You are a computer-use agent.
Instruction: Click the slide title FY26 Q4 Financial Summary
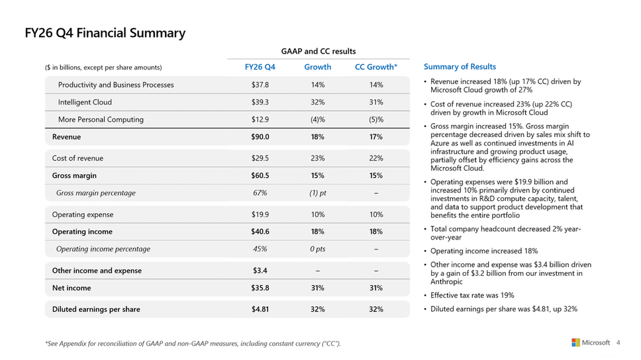(x=105, y=33)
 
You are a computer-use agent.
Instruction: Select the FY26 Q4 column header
(x=260, y=67)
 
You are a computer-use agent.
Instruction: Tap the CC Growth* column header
(x=376, y=67)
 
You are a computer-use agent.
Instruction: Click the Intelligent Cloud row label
(x=85, y=102)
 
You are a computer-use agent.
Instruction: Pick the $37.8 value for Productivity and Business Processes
(x=260, y=85)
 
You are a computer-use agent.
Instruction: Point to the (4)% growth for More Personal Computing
(x=318, y=120)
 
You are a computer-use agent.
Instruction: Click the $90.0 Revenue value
(x=260, y=137)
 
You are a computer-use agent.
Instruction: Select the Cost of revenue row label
(x=77, y=158)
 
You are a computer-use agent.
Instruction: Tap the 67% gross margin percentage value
(x=260, y=193)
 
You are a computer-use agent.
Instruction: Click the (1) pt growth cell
(x=318, y=193)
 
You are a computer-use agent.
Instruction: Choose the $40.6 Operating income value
(x=260, y=232)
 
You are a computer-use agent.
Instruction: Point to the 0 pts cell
(x=318, y=249)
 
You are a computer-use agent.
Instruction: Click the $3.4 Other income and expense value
(x=260, y=271)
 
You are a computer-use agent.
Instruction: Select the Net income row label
(x=72, y=288)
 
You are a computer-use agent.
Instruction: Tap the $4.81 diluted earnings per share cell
(x=260, y=309)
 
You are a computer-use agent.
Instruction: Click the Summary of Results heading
(x=460, y=67)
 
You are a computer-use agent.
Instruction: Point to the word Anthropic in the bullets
(x=446, y=282)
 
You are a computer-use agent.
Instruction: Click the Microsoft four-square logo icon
(x=575, y=342)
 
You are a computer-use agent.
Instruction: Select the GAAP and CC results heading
(x=319, y=52)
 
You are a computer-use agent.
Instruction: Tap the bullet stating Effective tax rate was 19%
(x=472, y=295)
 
